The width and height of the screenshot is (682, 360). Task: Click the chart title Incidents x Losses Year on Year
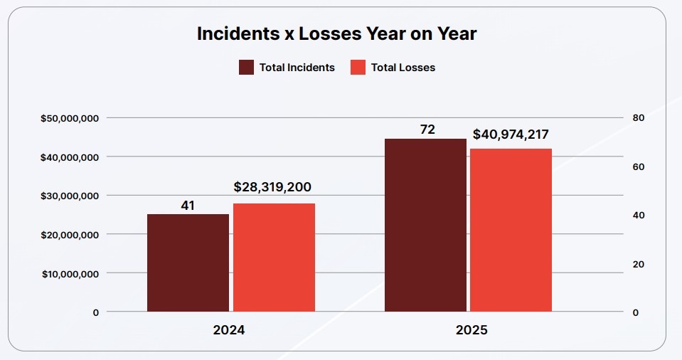[x=337, y=33]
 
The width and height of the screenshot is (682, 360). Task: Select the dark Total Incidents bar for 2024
[x=188, y=263]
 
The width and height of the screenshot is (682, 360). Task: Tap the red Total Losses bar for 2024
[x=274, y=258]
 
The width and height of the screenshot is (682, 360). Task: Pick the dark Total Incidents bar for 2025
[x=425, y=225]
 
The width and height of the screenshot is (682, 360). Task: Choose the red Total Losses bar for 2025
[x=511, y=230]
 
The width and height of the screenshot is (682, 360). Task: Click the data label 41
[x=188, y=206]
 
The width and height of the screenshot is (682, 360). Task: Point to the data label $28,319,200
[x=272, y=187]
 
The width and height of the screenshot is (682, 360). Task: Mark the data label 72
[x=427, y=129]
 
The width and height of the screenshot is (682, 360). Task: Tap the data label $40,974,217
[x=511, y=134]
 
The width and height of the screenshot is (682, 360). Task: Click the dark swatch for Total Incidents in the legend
[x=246, y=68]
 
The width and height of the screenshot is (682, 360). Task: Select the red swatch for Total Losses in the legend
[x=358, y=68]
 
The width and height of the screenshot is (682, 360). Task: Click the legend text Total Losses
[x=403, y=68]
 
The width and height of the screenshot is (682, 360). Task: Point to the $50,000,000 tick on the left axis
[x=70, y=118]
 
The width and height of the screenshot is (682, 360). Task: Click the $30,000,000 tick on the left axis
[x=70, y=196]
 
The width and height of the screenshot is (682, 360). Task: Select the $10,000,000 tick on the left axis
[x=70, y=274]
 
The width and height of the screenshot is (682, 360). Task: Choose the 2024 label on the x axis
[x=230, y=331]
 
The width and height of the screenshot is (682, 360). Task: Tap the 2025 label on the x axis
[x=471, y=331]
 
